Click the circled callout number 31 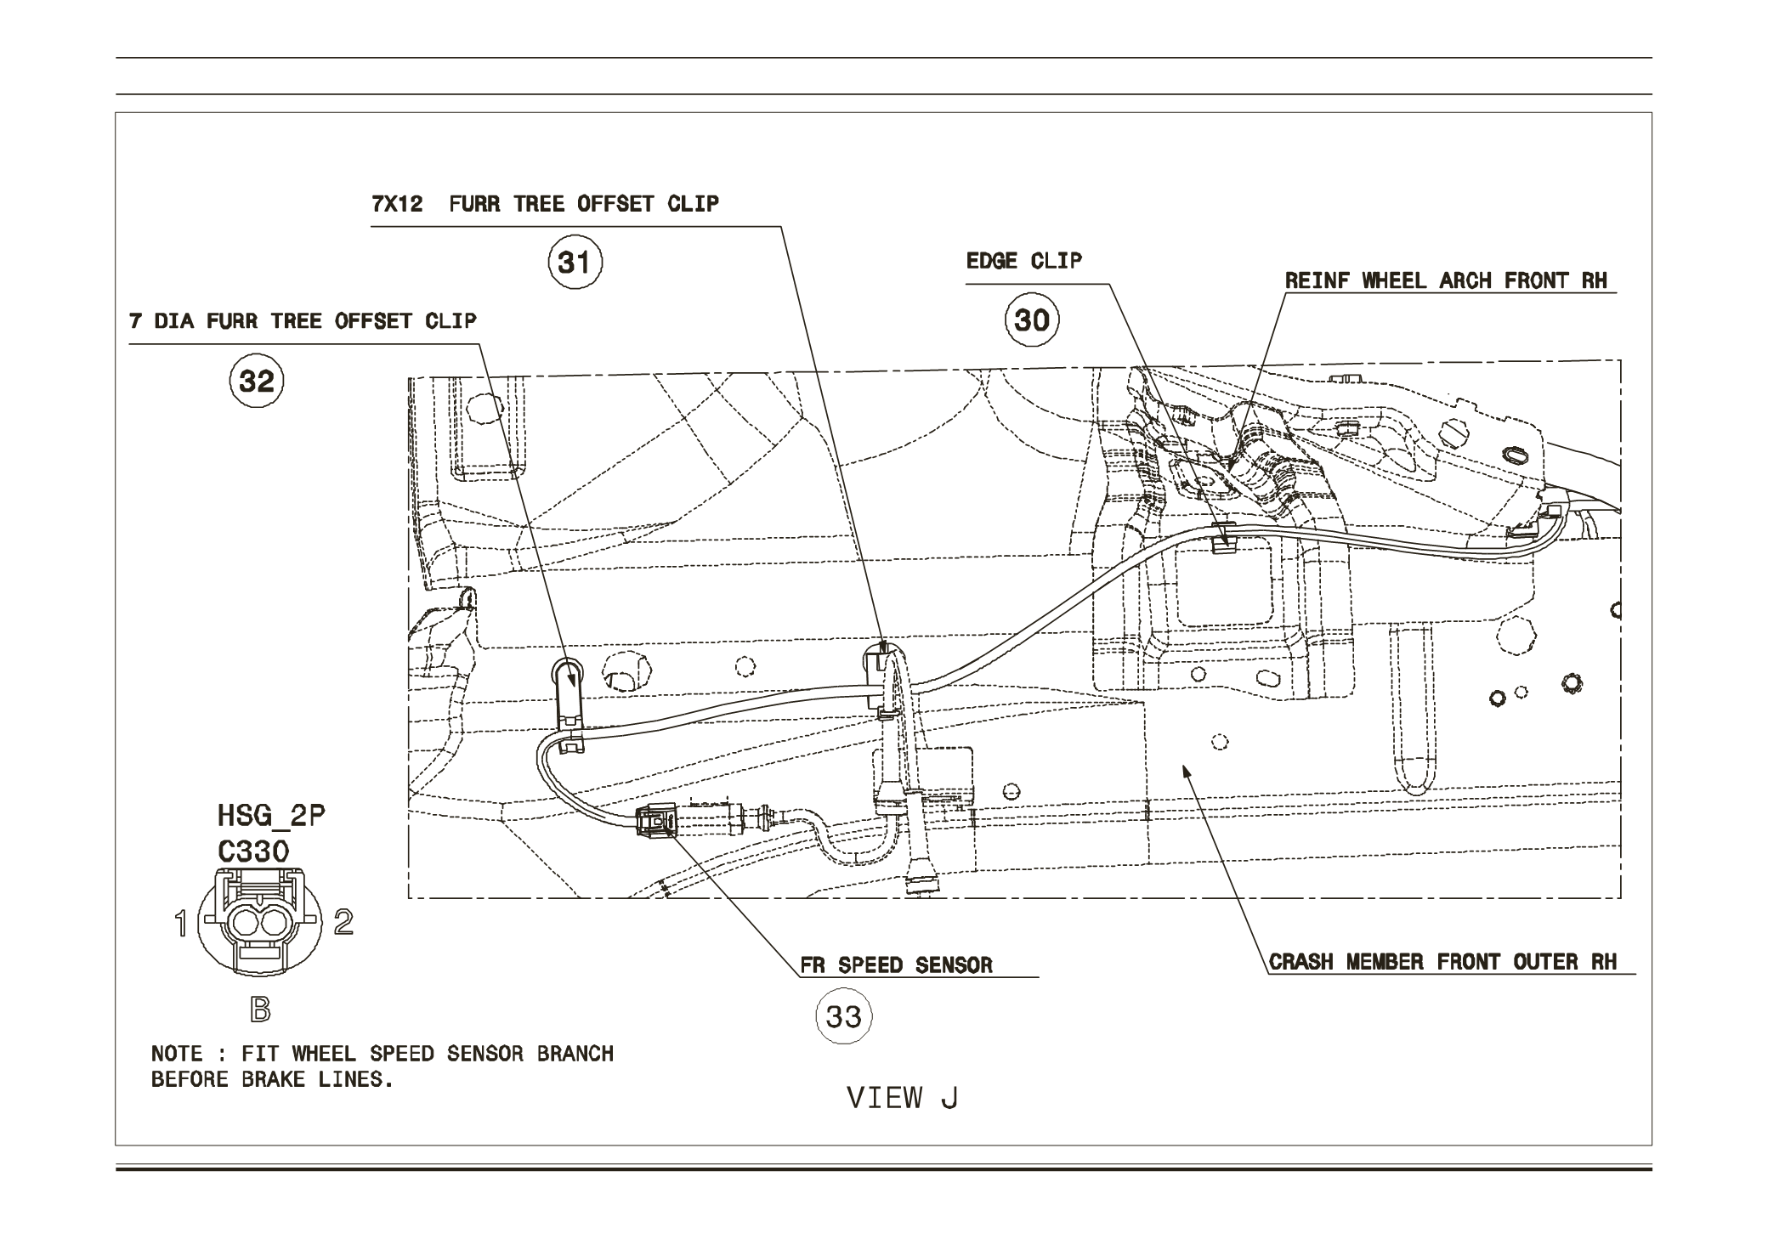(x=575, y=263)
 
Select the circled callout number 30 (x=1032, y=320)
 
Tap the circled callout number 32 (x=257, y=381)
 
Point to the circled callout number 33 (x=843, y=1016)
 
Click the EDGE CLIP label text (x=1023, y=261)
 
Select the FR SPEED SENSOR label (x=896, y=965)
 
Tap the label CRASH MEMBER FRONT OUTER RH (x=1442, y=962)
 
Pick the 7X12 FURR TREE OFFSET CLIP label (x=545, y=204)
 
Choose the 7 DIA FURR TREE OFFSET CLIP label (x=303, y=321)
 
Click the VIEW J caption (x=902, y=1098)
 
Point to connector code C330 (x=253, y=851)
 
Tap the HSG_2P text (x=271, y=817)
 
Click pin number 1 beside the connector (x=180, y=923)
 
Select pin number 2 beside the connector (x=343, y=921)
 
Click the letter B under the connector (x=260, y=1010)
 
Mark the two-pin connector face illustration (x=260, y=921)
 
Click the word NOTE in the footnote (x=177, y=1055)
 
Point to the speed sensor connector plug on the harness (x=658, y=822)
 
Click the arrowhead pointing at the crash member (x=1186, y=770)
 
